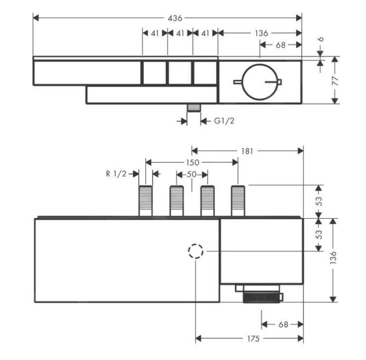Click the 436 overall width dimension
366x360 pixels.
coord(174,18)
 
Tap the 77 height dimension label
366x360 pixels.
coord(335,80)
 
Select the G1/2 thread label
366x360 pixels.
coord(224,120)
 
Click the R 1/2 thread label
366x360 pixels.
coord(116,173)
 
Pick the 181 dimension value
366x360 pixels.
coord(247,151)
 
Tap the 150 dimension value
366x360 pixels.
coord(193,162)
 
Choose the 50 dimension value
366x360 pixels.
coord(192,174)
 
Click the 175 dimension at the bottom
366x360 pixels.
coord(252,339)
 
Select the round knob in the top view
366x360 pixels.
coord(259,81)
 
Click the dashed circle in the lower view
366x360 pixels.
coord(195,251)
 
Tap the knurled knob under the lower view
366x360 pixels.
coord(262,297)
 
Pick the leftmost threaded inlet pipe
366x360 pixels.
coord(145,200)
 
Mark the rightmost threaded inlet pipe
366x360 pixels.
coord(238,200)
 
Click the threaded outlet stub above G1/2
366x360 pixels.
coord(194,108)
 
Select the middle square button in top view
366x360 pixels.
coord(180,73)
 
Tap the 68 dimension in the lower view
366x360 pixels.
coord(283,324)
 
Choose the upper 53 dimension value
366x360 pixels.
coord(319,201)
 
